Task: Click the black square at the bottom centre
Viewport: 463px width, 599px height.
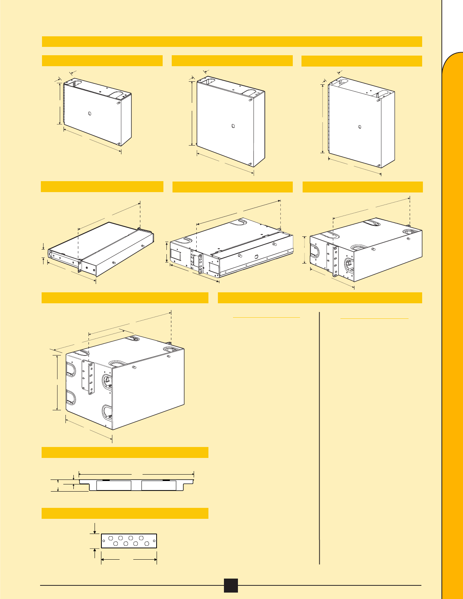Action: tap(231, 585)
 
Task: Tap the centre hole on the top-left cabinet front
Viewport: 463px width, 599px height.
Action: tap(89, 113)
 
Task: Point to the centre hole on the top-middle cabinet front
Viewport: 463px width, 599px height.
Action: tap(232, 126)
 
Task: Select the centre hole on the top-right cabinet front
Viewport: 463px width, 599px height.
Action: tap(360, 127)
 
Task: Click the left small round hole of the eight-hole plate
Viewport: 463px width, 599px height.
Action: tap(104, 541)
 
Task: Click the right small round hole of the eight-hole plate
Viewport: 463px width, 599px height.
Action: tap(154, 541)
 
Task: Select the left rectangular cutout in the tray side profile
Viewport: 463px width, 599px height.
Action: tap(114, 486)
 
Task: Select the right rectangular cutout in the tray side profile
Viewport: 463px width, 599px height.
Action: tap(159, 486)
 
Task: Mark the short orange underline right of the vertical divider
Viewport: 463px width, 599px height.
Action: tap(374, 318)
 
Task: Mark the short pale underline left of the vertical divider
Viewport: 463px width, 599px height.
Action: tap(267, 317)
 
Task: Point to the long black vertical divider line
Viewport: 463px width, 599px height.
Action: tap(320, 435)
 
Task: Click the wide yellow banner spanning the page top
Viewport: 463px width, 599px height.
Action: tap(232, 42)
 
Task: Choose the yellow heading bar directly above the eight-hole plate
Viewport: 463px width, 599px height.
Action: tap(125, 513)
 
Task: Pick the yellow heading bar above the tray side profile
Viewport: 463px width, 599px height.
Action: tap(125, 452)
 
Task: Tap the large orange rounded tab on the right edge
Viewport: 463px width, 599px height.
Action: tap(453, 303)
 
